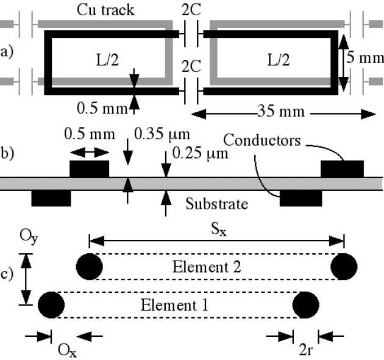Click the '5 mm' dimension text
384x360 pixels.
coord(364,59)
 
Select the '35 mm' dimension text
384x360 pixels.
coord(281,113)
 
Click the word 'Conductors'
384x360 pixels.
coord(262,140)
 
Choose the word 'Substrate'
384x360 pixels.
coord(216,204)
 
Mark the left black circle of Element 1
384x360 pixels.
coord(51,303)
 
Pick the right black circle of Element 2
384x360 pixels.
coord(344,266)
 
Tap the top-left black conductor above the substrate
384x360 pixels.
coord(90,169)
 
